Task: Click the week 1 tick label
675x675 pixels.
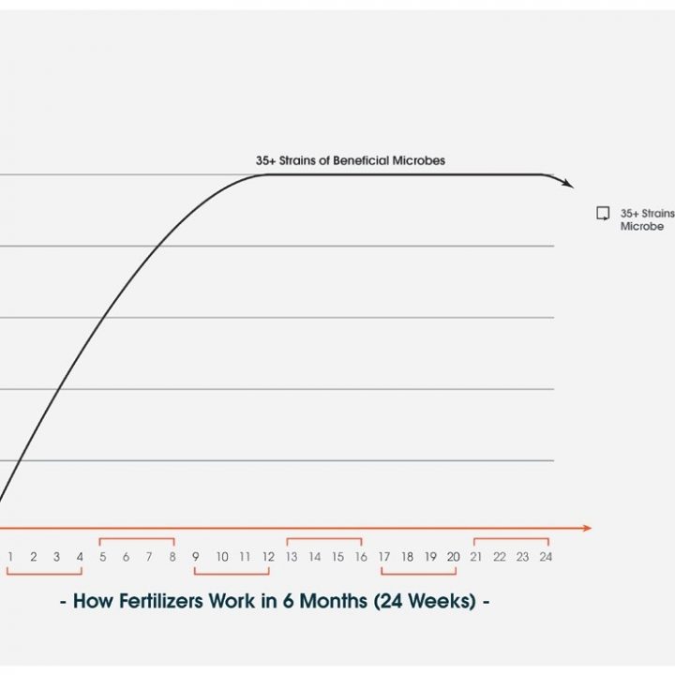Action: (10, 557)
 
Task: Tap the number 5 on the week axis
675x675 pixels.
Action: (102, 557)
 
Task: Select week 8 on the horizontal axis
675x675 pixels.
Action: (172, 557)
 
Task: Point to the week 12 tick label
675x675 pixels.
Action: (267, 557)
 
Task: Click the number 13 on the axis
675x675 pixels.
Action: (292, 557)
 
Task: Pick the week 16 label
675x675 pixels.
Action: (360, 557)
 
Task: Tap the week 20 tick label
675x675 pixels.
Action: (453, 557)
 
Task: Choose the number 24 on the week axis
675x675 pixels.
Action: (545, 557)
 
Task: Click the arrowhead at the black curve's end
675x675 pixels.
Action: (568, 185)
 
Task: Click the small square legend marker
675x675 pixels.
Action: (603, 213)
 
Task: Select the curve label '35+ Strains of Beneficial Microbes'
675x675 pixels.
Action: (351, 160)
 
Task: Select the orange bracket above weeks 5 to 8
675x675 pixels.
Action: (137, 539)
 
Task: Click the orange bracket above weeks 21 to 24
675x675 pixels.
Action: (511, 539)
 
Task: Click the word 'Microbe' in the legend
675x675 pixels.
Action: (642, 227)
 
